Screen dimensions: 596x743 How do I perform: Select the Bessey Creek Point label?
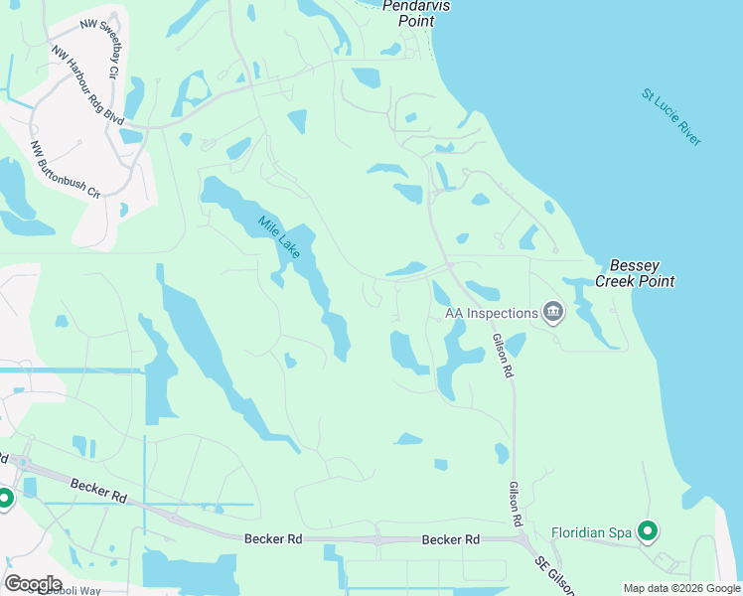(635, 274)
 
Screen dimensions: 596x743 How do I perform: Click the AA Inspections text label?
(491, 314)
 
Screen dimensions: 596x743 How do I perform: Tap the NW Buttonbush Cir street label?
(67, 169)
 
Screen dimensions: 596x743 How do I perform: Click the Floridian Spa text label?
(592, 532)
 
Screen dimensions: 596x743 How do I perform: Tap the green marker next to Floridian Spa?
(648, 532)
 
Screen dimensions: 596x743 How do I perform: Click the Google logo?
(33, 583)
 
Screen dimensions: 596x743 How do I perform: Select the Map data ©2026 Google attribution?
(680, 588)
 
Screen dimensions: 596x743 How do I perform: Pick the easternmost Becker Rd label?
(450, 539)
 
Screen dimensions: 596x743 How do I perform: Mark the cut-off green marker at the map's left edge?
(4, 499)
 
